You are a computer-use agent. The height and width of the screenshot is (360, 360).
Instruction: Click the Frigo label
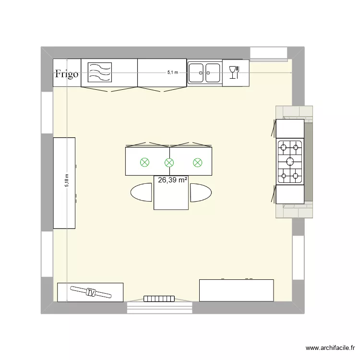pos(66,74)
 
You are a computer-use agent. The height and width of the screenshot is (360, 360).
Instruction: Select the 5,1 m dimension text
pos(172,72)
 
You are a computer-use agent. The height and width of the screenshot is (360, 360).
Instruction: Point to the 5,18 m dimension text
pos(68,181)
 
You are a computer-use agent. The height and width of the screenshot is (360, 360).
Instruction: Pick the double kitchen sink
pos(204,73)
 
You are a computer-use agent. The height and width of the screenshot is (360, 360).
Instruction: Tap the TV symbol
pos(90,292)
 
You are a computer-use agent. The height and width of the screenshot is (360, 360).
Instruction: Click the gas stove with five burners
pos(290,162)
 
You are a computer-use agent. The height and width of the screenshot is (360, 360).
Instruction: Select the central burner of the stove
pos(290,161)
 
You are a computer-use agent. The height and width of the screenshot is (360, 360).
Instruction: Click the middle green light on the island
pos(169,163)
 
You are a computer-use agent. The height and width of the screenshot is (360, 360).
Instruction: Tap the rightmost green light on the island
pos(197,163)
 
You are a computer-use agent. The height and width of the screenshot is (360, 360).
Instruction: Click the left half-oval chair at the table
pos(142,192)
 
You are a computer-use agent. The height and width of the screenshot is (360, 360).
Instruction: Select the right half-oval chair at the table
pos(201,192)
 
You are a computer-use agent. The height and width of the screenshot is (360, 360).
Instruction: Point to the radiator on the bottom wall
pos(158,299)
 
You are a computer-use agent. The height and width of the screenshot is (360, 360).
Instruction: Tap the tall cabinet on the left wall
pos(64,183)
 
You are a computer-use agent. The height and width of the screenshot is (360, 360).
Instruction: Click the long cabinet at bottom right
pos(236,290)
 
